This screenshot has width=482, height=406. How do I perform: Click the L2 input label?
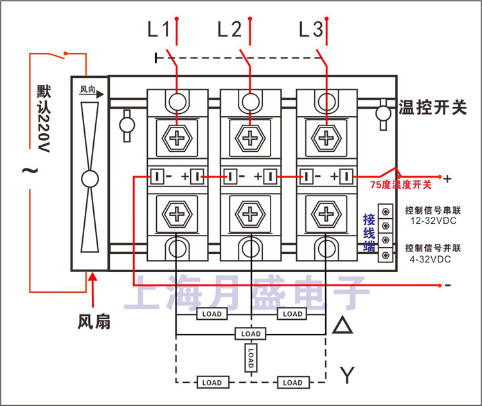coord(229,30)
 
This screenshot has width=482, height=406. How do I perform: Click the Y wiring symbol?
coord(347,374)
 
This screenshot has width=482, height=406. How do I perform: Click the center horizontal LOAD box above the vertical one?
coord(251,334)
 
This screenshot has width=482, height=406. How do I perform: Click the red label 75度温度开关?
coord(401,185)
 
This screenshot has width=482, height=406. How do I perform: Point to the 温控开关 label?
coord(432,107)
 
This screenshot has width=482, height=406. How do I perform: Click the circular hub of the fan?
coord(89,178)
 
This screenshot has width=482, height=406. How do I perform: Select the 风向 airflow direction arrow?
coord(91,91)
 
